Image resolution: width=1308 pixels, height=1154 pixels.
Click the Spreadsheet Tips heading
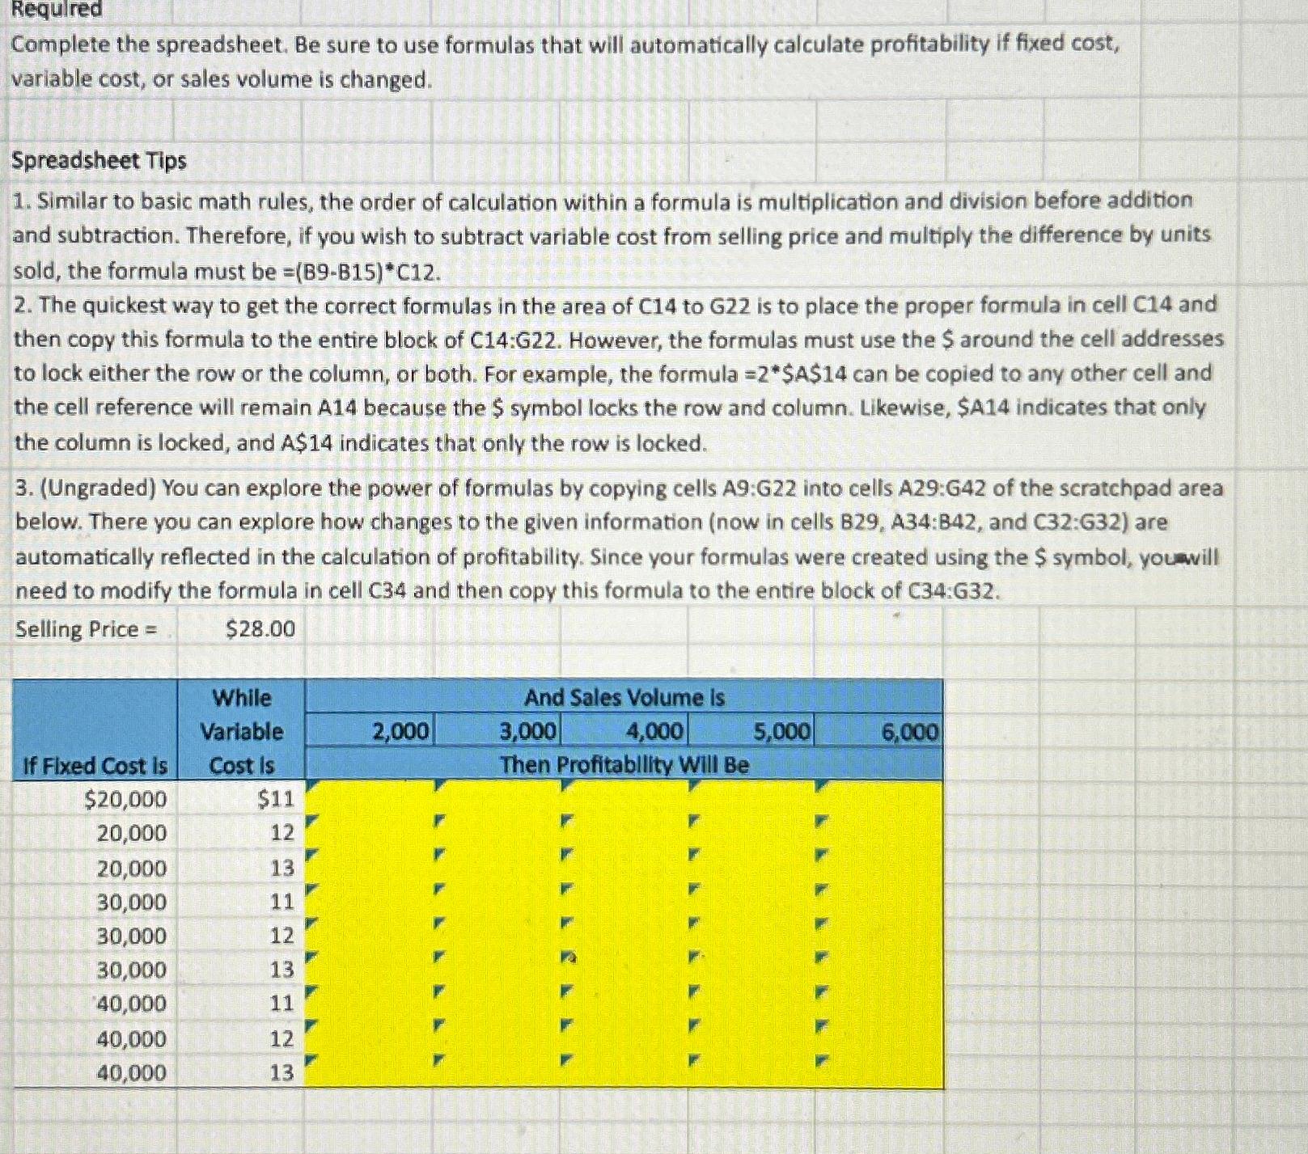(x=99, y=161)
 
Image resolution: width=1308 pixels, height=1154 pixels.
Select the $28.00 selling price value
(x=260, y=629)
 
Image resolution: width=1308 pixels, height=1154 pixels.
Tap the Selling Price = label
(x=87, y=629)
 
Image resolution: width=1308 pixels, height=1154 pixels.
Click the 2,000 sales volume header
(x=400, y=733)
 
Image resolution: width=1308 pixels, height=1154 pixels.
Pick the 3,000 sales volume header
(x=527, y=733)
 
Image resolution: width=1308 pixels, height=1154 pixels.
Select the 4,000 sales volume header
(x=655, y=733)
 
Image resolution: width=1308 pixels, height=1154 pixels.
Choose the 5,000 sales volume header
(x=781, y=733)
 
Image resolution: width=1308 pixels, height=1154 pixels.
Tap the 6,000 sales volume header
(x=910, y=733)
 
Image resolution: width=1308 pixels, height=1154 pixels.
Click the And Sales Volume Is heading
(x=624, y=698)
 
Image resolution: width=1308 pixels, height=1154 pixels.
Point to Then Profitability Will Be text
(x=624, y=765)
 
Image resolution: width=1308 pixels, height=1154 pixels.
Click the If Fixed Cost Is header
(x=95, y=766)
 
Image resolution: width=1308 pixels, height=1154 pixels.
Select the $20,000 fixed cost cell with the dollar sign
(x=125, y=800)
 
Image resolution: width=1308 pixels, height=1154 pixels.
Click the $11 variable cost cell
(x=275, y=800)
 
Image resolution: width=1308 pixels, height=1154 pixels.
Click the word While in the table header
(x=241, y=698)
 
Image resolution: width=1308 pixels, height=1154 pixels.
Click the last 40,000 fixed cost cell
(x=131, y=1073)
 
